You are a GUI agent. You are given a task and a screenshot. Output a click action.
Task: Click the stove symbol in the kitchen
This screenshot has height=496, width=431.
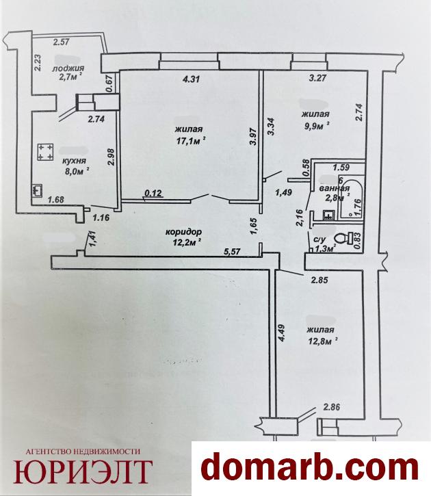point(46,152)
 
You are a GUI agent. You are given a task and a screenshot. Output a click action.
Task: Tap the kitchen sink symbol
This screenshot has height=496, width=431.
point(37,191)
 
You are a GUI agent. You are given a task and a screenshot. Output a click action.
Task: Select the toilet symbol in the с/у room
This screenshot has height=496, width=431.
point(345,238)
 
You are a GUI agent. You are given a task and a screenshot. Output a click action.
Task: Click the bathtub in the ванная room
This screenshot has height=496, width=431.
point(351,198)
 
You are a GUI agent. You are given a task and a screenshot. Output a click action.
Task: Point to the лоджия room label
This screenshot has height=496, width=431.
point(68,68)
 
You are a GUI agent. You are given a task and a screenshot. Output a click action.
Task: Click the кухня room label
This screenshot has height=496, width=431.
point(74,161)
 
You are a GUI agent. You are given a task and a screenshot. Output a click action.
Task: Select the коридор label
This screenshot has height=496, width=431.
point(184,232)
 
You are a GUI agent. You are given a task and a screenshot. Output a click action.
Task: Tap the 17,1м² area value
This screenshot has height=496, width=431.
point(192,141)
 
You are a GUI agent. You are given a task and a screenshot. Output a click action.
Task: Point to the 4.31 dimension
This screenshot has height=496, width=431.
point(192,79)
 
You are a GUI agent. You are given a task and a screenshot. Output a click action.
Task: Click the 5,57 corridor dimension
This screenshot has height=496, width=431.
point(232,252)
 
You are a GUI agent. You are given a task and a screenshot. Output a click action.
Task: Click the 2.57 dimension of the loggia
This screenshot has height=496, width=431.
point(61,42)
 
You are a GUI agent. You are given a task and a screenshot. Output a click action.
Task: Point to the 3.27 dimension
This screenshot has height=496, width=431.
point(317,78)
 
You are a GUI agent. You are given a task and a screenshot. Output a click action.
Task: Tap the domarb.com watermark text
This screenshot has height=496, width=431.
point(310,467)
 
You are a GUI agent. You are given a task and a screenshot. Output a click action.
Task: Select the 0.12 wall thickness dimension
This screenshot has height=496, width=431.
point(153,193)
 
